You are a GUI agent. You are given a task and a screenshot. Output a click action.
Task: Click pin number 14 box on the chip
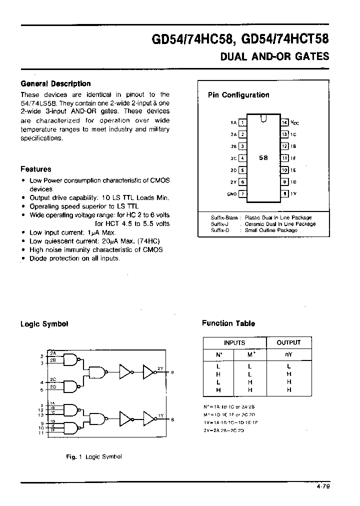click(284, 122)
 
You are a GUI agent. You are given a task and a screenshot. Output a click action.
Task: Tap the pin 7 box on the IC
click(242, 194)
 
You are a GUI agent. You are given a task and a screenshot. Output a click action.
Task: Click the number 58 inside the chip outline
click(263, 157)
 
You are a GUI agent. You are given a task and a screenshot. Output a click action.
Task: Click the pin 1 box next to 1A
click(242, 122)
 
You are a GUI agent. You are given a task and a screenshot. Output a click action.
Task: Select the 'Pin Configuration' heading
click(238, 95)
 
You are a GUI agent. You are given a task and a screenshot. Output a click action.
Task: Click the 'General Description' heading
click(55, 84)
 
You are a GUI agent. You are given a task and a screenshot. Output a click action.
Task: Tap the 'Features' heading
click(35, 169)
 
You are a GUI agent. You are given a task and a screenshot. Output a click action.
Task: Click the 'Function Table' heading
click(228, 323)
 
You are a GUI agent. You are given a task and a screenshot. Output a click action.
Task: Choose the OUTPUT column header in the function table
click(288, 342)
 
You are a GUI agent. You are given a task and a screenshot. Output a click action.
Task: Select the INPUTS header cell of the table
click(234, 342)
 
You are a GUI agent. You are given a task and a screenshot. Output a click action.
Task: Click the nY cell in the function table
click(288, 355)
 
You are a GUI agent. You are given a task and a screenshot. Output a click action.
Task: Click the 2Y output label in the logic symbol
click(160, 368)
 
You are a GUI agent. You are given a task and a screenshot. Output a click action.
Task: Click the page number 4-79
click(323, 485)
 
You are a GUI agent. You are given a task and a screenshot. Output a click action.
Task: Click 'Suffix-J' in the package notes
click(220, 224)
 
